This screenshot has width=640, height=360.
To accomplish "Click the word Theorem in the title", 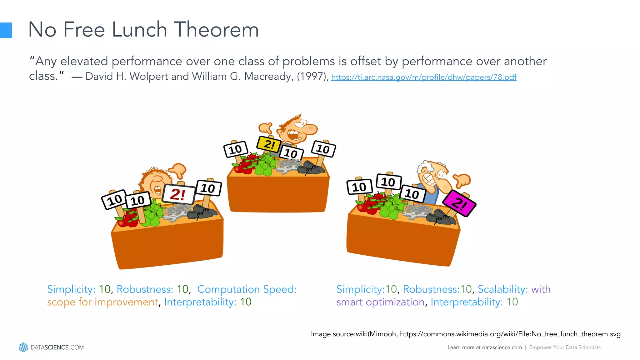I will [x=216, y=30].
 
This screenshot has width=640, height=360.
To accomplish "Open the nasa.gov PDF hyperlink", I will [x=423, y=77].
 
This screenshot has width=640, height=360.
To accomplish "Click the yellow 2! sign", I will [x=268, y=144].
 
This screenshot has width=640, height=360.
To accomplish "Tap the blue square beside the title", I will [x=6, y=30].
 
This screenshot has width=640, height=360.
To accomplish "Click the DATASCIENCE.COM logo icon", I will [x=23, y=347].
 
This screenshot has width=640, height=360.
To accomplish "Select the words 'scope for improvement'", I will [x=102, y=302].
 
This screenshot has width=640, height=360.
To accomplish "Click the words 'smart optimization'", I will [x=380, y=302].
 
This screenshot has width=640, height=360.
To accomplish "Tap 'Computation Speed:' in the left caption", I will [x=247, y=289].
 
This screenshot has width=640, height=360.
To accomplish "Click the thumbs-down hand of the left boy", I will [x=178, y=171].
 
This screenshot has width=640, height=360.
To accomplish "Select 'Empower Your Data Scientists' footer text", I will [x=565, y=347].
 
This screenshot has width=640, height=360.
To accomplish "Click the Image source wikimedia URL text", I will [x=510, y=334].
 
